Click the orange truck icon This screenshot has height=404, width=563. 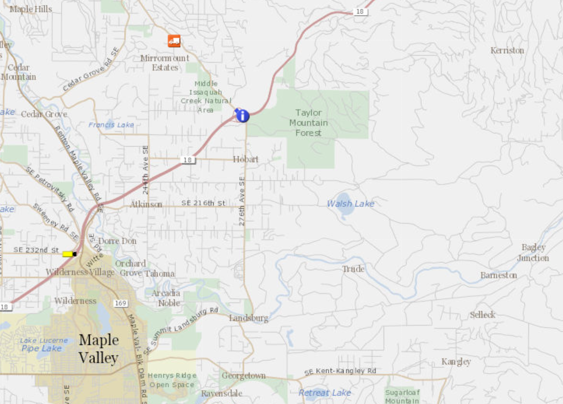[174, 40]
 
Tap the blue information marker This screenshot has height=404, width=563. [242, 116]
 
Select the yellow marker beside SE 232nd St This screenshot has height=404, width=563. [67, 254]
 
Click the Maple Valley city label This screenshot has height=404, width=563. [99, 349]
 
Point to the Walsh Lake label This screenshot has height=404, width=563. [350, 204]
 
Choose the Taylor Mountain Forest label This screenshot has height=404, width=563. [309, 123]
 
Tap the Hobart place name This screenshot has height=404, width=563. [245, 159]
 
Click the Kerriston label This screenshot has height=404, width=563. [507, 50]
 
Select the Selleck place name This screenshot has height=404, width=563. [483, 315]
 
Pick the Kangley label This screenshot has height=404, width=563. [456, 361]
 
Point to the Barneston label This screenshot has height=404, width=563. [499, 275]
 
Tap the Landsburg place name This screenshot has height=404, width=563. [249, 318]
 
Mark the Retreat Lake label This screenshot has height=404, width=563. [325, 393]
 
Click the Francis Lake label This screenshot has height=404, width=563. [111, 125]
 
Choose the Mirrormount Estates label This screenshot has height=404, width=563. [165, 63]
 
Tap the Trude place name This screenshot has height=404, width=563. [353, 269]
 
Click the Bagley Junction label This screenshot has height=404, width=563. [533, 253]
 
